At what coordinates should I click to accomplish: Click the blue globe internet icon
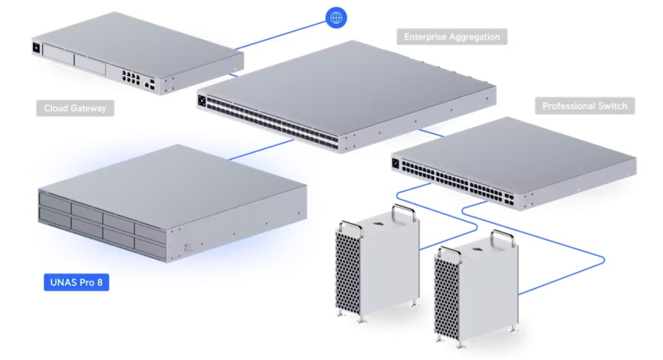point(335,17)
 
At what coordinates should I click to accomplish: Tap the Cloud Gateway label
point(75,108)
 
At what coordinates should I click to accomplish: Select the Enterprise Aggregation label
point(452,37)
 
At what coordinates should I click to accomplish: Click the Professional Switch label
point(585,106)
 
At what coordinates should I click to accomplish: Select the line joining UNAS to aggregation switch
point(262,149)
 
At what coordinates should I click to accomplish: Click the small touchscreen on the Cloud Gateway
point(37,47)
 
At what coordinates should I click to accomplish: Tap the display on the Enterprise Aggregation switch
point(202,100)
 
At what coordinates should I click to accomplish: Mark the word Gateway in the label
point(89,108)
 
